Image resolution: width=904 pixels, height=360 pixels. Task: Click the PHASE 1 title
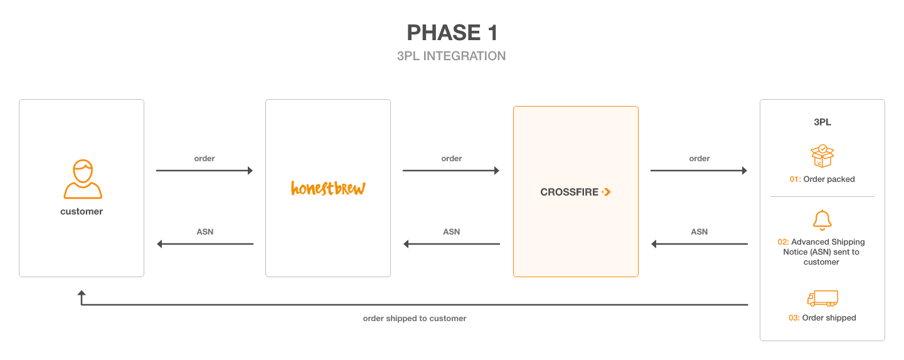pyautogui.click(x=452, y=33)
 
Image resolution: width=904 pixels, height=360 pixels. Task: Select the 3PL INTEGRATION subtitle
pyautogui.click(x=451, y=56)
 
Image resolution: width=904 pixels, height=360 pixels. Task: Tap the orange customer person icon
pyautogui.click(x=83, y=179)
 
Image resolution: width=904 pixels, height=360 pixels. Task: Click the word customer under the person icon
pyautogui.click(x=82, y=211)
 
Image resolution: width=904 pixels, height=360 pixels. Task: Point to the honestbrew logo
pyautogui.click(x=328, y=188)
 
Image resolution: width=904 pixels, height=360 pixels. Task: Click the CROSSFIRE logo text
pyautogui.click(x=569, y=192)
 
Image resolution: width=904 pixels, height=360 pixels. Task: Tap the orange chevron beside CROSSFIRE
pyautogui.click(x=606, y=192)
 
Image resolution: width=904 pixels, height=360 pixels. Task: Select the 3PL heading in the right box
pyautogui.click(x=822, y=122)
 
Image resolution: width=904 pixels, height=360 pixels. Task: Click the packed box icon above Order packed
pyautogui.click(x=822, y=156)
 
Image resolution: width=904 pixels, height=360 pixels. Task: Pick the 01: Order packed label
pyautogui.click(x=822, y=179)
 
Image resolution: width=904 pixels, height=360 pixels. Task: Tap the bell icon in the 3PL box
pyautogui.click(x=822, y=220)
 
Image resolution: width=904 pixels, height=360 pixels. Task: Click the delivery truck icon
pyautogui.click(x=822, y=299)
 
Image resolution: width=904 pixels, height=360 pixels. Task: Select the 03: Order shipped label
pyautogui.click(x=822, y=318)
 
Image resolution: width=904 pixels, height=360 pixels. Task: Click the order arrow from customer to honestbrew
pyautogui.click(x=205, y=171)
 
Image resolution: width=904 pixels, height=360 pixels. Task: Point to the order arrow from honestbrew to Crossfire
pyautogui.click(x=451, y=171)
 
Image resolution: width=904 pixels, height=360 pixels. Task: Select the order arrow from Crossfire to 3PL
pyautogui.click(x=699, y=171)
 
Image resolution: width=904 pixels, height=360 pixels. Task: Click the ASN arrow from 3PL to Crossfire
pyautogui.click(x=699, y=244)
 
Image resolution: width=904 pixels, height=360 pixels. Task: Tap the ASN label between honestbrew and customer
pyautogui.click(x=205, y=232)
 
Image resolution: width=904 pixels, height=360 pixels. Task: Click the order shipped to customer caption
pyautogui.click(x=415, y=319)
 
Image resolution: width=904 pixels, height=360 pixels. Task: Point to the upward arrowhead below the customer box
pyautogui.click(x=82, y=293)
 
